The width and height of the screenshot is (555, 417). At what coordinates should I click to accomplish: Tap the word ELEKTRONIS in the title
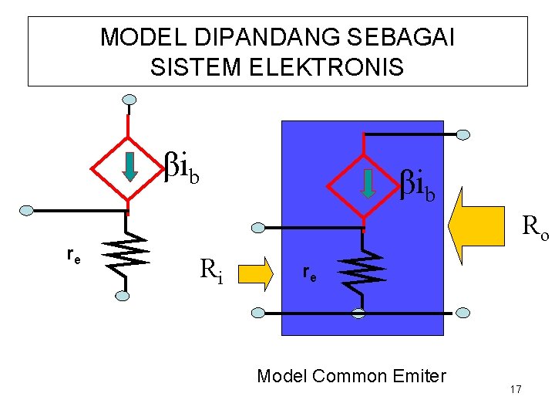click(327, 67)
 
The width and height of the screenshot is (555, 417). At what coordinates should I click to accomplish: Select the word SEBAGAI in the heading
click(400, 37)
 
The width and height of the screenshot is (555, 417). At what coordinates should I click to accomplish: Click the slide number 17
click(516, 389)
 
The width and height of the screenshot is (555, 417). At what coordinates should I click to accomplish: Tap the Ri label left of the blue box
click(211, 270)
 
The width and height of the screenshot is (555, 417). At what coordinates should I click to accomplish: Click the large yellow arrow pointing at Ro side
click(476, 225)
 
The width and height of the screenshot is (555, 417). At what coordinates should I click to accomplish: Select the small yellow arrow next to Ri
click(256, 274)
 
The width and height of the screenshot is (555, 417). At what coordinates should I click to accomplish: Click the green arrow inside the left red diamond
click(130, 167)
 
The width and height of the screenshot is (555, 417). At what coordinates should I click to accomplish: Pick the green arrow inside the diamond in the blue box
click(368, 184)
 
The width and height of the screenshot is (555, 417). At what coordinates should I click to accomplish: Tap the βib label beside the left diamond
click(182, 168)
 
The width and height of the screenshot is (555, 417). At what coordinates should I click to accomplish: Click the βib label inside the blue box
click(417, 185)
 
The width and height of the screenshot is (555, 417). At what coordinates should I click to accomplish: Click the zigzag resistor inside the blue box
click(362, 272)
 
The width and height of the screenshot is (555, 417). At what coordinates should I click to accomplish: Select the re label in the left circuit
click(74, 256)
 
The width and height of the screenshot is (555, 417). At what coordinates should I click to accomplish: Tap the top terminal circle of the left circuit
click(129, 100)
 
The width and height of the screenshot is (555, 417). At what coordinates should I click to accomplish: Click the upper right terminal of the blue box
click(463, 134)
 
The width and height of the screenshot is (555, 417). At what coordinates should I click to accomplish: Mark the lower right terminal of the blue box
click(463, 313)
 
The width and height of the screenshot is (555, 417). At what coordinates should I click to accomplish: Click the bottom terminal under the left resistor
click(122, 296)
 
